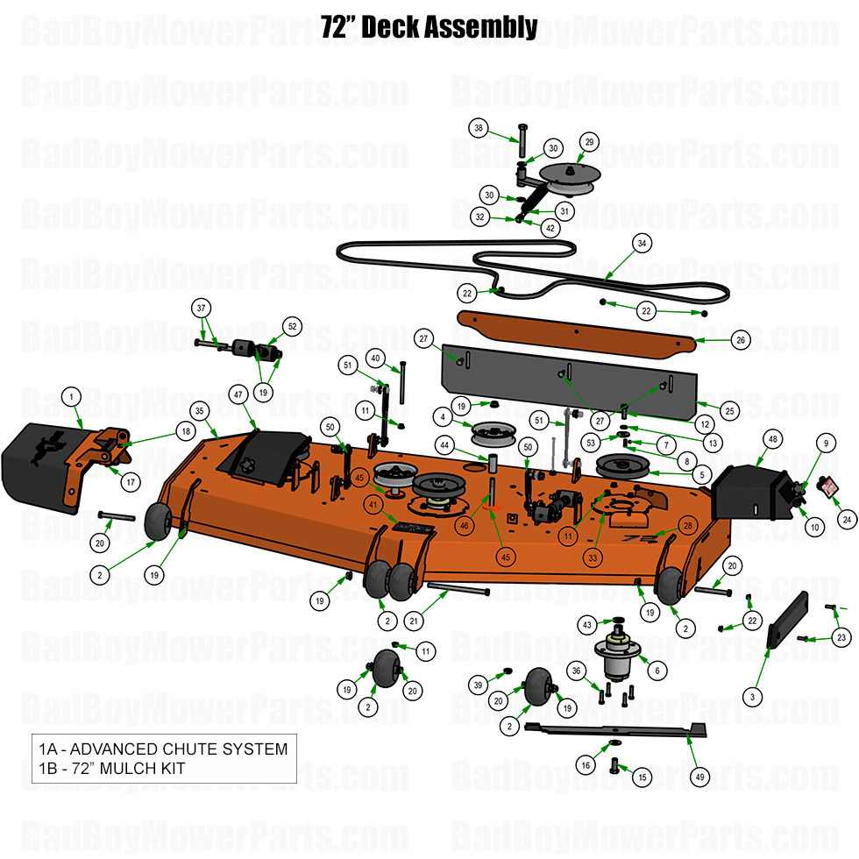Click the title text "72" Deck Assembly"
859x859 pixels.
click(x=429, y=28)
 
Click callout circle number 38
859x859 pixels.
click(x=479, y=128)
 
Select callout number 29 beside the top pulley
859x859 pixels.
click(x=589, y=142)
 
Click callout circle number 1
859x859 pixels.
click(x=71, y=397)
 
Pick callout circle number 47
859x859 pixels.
click(x=237, y=395)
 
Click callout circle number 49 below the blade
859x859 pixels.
click(x=699, y=776)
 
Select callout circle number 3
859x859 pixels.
click(x=751, y=697)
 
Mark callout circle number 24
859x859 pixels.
click(x=847, y=520)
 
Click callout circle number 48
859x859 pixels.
click(x=772, y=437)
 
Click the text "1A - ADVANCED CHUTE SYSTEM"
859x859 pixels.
click(x=163, y=749)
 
